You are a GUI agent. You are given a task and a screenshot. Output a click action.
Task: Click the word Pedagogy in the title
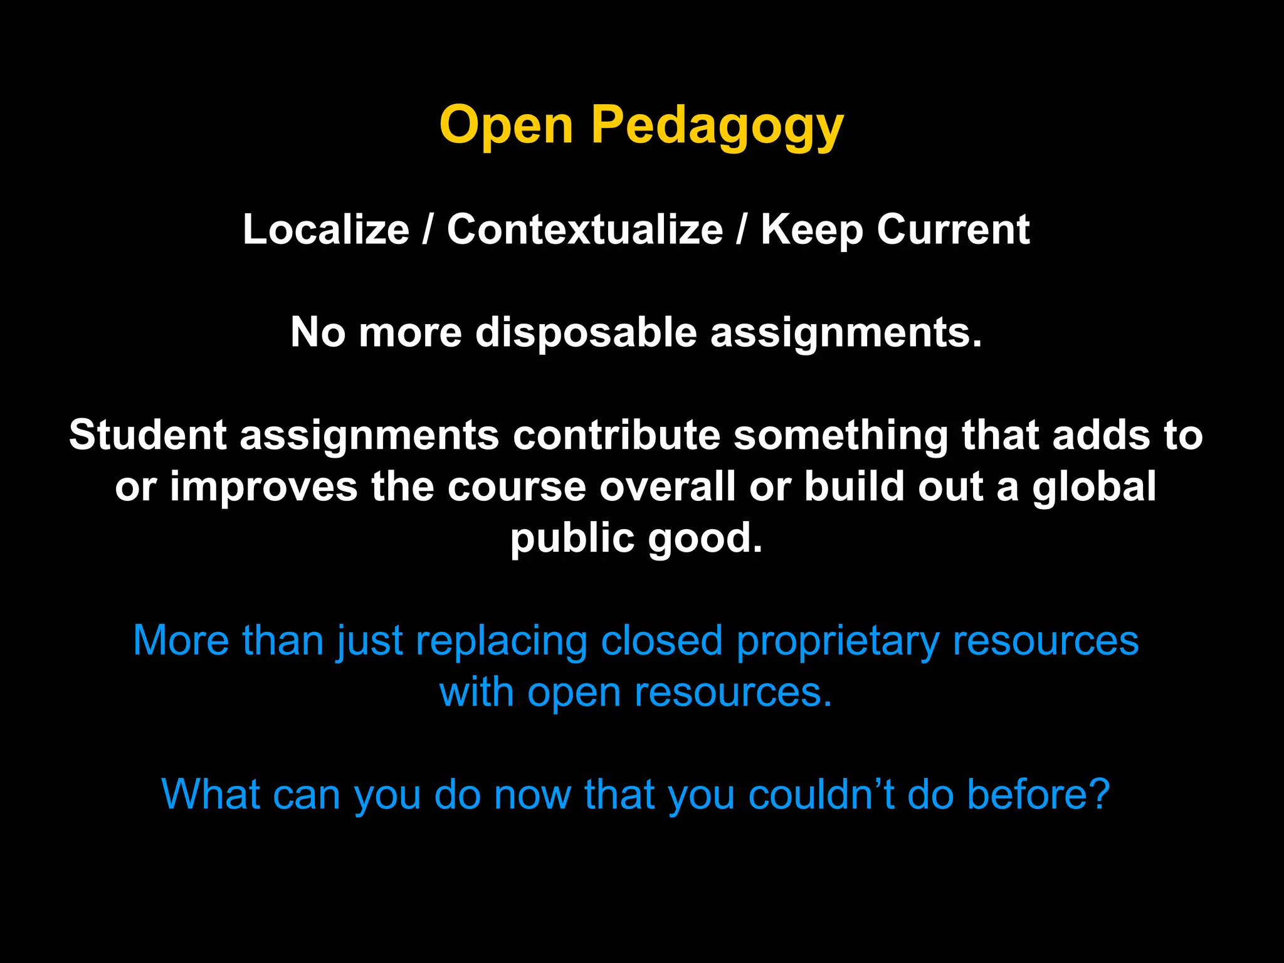point(717,125)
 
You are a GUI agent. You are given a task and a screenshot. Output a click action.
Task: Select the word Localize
point(326,229)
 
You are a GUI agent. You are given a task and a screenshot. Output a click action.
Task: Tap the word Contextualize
point(585,229)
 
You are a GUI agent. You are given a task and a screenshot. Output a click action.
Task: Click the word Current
point(953,229)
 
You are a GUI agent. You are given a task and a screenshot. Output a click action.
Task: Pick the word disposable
point(586,332)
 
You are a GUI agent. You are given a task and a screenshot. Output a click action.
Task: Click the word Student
point(148,434)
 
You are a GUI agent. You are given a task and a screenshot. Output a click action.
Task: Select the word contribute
point(617,434)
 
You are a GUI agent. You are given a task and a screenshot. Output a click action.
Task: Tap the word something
point(841,436)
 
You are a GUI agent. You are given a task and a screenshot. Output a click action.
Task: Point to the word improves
point(263,487)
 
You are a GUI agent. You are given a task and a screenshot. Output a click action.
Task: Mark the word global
point(1094,487)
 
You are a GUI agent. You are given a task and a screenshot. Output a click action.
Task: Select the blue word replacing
point(501,641)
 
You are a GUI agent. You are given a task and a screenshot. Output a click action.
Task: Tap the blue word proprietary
point(837,641)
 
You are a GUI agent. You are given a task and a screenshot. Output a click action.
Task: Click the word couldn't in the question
point(821,794)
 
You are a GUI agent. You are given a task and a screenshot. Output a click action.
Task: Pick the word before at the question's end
point(1038,794)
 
